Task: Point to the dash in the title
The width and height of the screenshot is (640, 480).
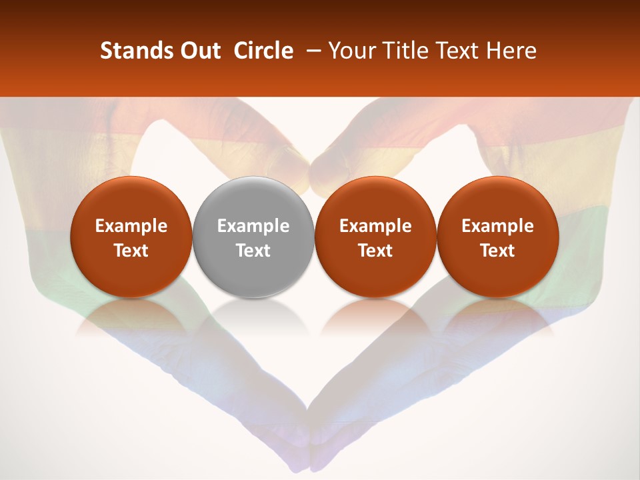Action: (x=311, y=51)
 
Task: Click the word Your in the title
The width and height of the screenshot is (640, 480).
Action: (x=347, y=51)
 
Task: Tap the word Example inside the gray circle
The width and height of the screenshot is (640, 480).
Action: (x=253, y=226)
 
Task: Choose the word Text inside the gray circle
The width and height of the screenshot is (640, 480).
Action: (x=253, y=251)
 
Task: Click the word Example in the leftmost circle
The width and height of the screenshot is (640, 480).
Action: (x=131, y=226)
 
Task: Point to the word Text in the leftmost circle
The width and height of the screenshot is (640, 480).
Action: (x=131, y=251)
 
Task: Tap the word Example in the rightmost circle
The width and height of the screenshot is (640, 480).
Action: (x=498, y=226)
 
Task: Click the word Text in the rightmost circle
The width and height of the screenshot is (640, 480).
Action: (x=498, y=251)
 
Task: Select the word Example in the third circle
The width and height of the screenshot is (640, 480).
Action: (x=375, y=226)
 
